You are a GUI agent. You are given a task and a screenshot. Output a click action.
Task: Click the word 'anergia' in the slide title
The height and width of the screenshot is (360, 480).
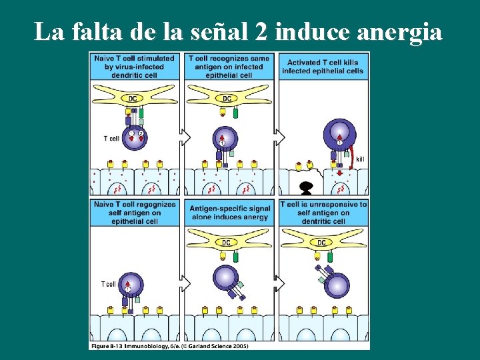[399, 31]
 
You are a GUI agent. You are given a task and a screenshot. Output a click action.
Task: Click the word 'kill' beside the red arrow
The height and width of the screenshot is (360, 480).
[361, 159]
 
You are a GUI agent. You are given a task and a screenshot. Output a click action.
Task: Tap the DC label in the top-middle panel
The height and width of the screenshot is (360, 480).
[227, 99]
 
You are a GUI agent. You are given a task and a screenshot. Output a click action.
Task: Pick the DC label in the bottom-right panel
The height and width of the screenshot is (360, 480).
[321, 243]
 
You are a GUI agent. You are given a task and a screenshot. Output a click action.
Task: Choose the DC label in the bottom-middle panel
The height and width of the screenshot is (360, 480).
[227, 243]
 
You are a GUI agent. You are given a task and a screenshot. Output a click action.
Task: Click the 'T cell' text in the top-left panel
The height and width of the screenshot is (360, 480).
[111, 139]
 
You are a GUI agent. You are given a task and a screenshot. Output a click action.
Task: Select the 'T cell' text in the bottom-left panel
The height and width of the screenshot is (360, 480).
[109, 284]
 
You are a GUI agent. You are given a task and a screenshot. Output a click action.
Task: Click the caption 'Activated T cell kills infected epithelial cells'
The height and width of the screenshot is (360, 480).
[323, 67]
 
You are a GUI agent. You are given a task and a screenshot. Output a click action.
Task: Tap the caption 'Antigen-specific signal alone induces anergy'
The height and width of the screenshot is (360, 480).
[230, 213]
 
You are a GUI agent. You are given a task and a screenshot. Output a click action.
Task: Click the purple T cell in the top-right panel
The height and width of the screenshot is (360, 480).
[339, 134]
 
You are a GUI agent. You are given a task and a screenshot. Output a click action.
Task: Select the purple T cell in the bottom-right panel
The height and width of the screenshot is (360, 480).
[337, 284]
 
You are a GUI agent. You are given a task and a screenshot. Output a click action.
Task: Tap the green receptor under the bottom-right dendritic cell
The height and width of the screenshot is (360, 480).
[330, 256]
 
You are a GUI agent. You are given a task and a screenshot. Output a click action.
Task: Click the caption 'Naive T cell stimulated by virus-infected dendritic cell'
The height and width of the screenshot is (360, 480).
[135, 67]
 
